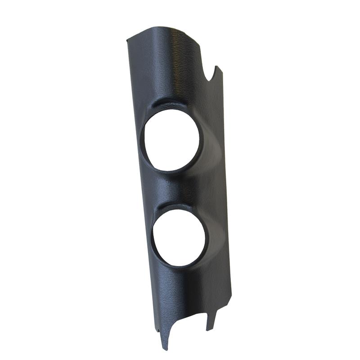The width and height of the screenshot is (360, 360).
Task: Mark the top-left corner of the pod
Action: click(x=127, y=40)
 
